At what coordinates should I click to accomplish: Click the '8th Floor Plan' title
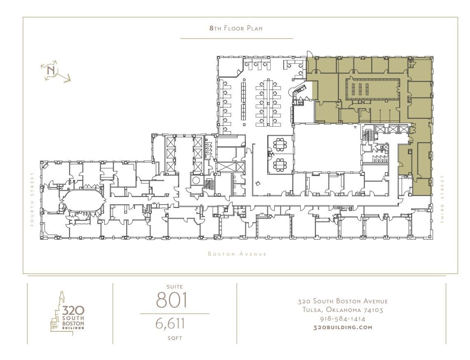tap(236, 28)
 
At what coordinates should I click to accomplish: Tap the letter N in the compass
tap(51, 70)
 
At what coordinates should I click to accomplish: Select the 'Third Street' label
tap(442, 199)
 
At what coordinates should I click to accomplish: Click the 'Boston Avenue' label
tap(237, 254)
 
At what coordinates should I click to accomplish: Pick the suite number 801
tap(171, 300)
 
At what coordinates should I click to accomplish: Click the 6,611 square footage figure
tap(170, 323)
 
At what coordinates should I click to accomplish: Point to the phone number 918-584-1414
tap(343, 318)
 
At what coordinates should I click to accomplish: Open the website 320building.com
tap(343, 327)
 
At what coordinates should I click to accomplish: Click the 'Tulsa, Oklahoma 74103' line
tap(343, 310)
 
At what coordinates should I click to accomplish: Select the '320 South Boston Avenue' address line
tap(343, 301)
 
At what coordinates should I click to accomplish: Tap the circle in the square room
tap(196, 180)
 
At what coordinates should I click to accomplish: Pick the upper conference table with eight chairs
tap(280, 144)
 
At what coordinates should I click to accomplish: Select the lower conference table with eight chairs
tap(280, 164)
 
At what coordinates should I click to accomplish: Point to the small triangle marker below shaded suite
tap(355, 127)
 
